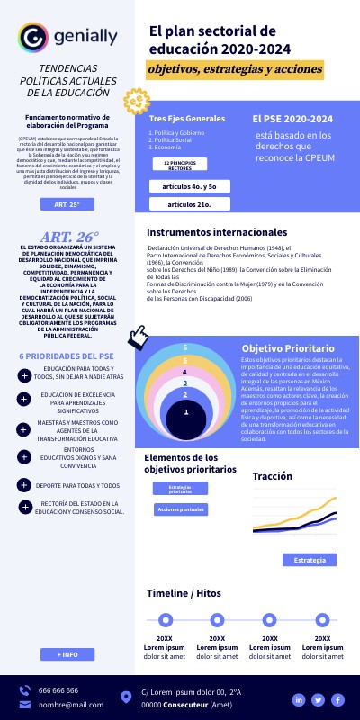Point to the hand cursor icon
[139, 337]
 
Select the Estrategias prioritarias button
[180, 489]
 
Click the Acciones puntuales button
[180, 509]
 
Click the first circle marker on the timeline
[166, 620]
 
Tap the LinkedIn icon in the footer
[298, 699]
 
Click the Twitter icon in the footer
[318, 699]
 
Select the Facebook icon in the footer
[337, 699]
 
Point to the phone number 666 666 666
[58, 690]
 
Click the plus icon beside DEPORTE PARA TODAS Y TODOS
[24, 486]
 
